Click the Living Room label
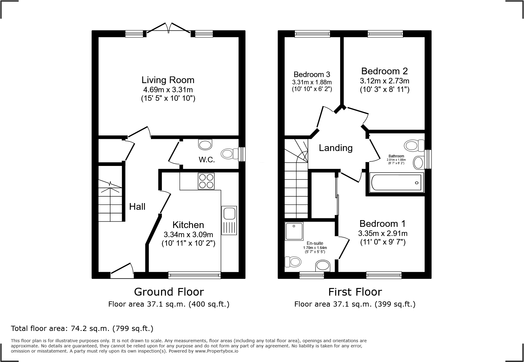168,80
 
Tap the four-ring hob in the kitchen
206,181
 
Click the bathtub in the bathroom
396,183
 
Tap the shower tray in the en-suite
294,231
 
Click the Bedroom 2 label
384,71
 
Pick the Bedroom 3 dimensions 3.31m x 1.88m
312,82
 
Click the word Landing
336,148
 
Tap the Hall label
137,207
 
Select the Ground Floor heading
169,292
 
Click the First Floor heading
355,292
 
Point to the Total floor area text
82,329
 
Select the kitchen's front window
194,275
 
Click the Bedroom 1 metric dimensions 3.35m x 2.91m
383,234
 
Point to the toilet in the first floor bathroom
415,145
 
